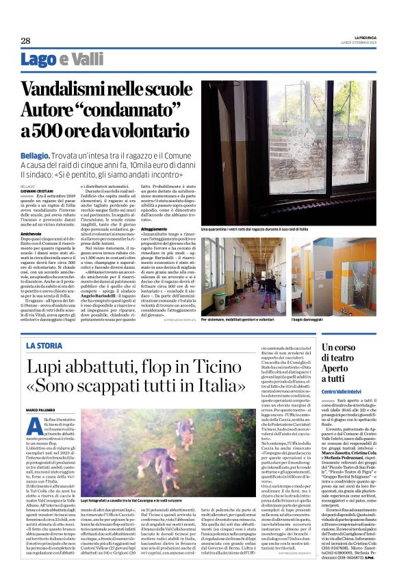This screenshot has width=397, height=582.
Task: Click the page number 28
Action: (x=25, y=40)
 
